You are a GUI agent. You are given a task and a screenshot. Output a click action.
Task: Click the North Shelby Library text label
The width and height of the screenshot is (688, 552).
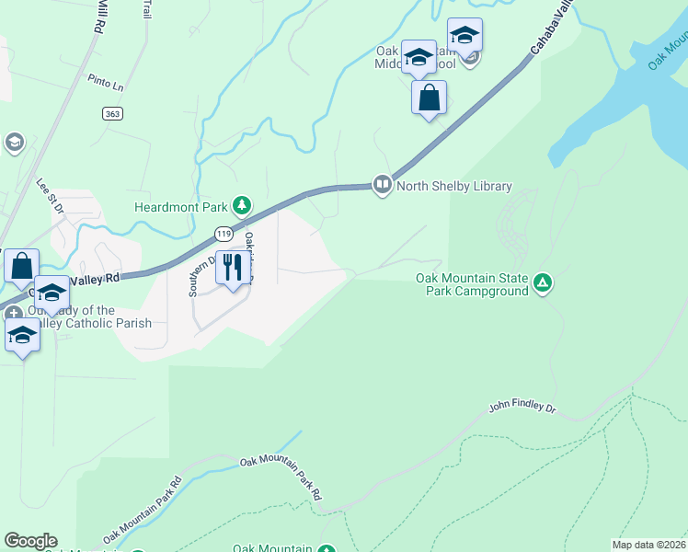coord(453,186)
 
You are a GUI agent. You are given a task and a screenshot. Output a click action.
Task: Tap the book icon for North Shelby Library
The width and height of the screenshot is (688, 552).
coord(382,186)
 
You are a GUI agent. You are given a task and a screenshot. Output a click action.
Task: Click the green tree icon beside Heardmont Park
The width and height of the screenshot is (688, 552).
coord(241,205)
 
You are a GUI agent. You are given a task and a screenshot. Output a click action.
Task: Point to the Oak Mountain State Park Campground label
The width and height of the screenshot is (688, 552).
coord(472,284)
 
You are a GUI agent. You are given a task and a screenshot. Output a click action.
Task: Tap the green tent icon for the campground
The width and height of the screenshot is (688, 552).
coord(543,283)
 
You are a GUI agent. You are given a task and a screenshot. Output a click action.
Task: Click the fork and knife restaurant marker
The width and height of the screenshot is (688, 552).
coord(233,268)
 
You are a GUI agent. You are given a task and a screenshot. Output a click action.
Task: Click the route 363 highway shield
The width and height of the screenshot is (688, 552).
coord(111,113)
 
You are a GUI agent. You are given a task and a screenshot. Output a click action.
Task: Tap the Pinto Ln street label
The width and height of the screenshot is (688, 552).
coord(106,83)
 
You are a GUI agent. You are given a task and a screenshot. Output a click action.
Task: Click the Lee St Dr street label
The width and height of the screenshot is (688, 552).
coord(49,197)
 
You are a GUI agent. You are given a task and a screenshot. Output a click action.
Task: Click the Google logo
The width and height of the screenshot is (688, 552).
coord(30,541)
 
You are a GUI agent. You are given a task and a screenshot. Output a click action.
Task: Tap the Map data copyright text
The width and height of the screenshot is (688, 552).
coord(648,545)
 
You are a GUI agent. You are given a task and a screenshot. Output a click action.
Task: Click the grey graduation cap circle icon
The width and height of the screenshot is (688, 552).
coord(14,142)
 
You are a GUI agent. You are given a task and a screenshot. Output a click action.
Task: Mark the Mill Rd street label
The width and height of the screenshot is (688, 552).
coord(95,17)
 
